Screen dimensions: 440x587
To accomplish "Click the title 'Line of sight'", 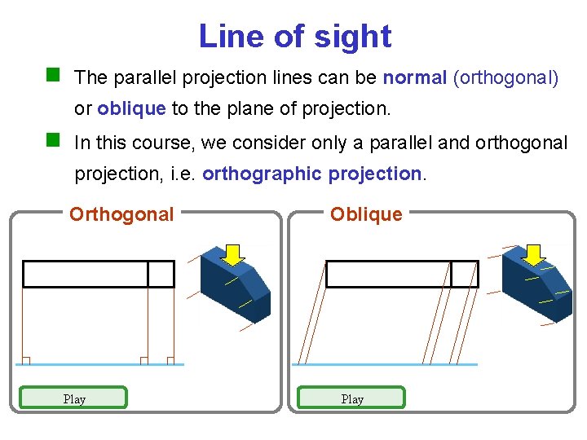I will [294, 37].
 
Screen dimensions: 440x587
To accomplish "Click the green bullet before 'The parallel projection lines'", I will [54, 76].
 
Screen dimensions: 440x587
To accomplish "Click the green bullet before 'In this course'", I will [54, 140].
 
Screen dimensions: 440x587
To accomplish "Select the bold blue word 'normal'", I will [414, 78].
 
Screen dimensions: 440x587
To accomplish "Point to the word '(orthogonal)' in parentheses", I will [505, 78].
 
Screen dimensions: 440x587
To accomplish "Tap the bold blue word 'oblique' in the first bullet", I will [131, 108].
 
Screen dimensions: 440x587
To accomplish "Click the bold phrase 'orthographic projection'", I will [313, 174].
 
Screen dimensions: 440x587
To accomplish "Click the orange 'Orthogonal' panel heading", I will [121, 214].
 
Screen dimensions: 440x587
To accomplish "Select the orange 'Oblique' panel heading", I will [366, 214].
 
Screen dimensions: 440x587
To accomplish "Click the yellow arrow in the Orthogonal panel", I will [234, 254].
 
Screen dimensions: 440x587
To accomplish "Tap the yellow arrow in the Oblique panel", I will [534, 254].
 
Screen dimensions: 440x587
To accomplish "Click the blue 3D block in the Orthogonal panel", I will [236, 289].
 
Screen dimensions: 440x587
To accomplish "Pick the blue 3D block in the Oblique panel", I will [538, 289].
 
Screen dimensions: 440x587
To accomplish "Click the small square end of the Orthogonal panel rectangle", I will [161, 274].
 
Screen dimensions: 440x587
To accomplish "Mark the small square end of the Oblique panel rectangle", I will [465, 274].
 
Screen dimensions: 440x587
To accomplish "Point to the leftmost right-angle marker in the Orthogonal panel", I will [25, 360].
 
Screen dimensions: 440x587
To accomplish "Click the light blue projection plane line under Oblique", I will [383, 364].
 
